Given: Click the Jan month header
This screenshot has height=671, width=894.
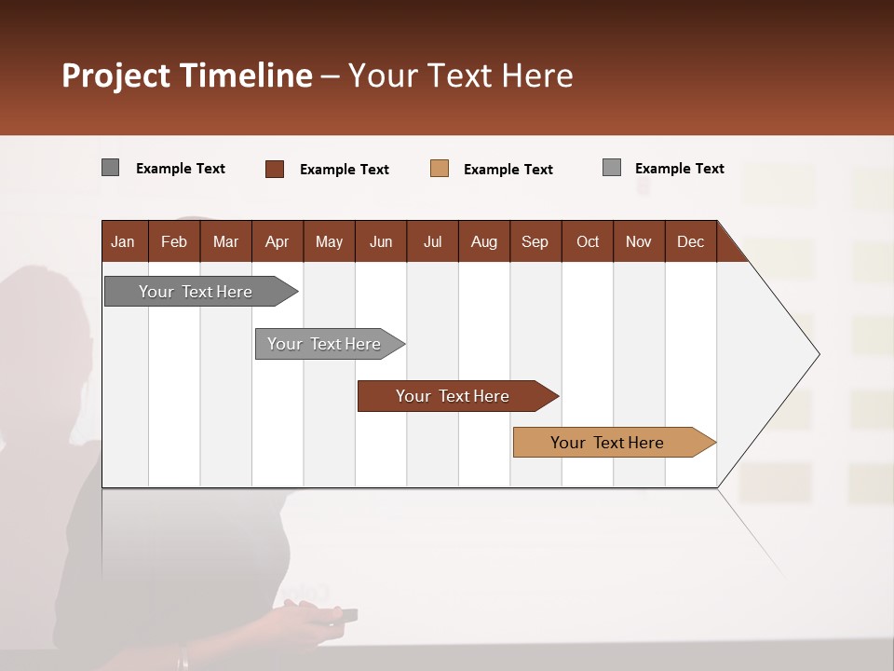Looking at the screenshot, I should click(x=123, y=241).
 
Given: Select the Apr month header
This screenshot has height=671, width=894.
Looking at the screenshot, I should click(x=277, y=241).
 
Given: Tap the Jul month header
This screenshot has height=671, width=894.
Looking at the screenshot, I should click(x=432, y=241).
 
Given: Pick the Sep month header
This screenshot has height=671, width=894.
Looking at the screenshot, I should click(x=535, y=241).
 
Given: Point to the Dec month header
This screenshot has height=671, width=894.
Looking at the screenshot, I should click(x=690, y=241).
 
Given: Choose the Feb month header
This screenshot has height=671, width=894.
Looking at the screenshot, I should click(x=174, y=241).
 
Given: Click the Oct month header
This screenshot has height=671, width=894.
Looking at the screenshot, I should click(x=588, y=241).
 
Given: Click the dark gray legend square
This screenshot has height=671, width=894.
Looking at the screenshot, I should click(x=111, y=168).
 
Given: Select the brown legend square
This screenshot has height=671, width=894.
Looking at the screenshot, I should click(x=275, y=169).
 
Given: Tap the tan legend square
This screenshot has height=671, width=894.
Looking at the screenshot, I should click(x=440, y=169).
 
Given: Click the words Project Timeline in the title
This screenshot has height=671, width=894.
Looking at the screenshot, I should click(x=186, y=75).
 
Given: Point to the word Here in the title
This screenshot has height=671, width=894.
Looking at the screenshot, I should click(x=537, y=75).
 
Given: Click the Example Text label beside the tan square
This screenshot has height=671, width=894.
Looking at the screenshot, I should click(x=508, y=170).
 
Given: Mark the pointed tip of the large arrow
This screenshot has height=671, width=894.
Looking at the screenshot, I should click(x=818, y=354).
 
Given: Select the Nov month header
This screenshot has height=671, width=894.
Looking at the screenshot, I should click(x=639, y=241).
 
